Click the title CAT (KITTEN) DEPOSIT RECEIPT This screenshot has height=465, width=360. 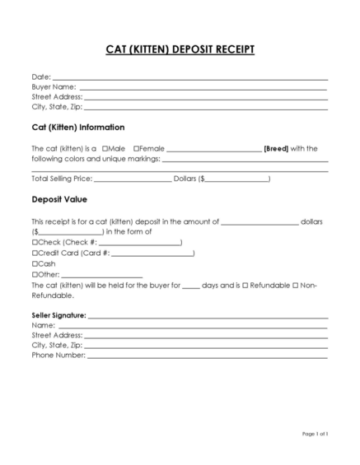click(180, 49)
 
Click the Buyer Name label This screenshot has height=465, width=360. click(54, 86)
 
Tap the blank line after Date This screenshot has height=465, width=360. click(189, 78)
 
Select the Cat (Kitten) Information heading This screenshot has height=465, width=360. click(78, 128)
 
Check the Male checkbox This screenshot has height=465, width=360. click(106, 149)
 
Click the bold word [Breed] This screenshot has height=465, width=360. click(275, 149)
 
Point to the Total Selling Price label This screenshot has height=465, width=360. click(61, 178)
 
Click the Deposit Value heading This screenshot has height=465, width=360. click(59, 199)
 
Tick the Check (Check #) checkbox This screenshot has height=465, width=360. click(35, 243)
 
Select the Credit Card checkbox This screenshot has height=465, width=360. click(35, 253)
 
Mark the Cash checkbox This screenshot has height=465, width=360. click(35, 264)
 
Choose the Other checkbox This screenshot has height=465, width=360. click(35, 274)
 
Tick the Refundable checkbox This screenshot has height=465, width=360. click(245, 285)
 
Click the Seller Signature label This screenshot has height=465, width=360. click(58, 315)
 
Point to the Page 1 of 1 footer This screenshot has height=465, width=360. click(315, 434)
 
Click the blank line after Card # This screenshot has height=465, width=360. click(152, 253)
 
